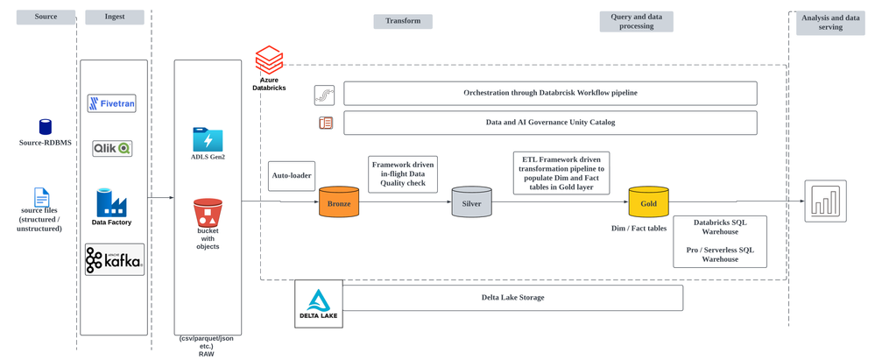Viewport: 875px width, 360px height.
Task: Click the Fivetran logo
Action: tap(112, 103)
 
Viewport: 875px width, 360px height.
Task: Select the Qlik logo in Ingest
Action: tap(112, 148)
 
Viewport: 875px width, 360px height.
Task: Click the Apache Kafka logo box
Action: tap(114, 260)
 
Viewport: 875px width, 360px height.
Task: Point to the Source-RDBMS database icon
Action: tap(45, 127)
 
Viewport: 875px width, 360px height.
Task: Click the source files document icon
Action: tap(41, 197)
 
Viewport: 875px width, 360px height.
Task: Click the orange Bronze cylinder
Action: tap(339, 203)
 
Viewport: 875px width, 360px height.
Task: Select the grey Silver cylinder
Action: tap(472, 203)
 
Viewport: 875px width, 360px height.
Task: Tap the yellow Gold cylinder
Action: tap(648, 203)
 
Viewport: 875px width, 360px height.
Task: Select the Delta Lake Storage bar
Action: tap(512, 297)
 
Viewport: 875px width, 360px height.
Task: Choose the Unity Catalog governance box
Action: tap(550, 123)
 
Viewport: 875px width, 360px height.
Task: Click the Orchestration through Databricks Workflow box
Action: tap(550, 93)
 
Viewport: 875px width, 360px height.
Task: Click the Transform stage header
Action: tap(403, 21)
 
